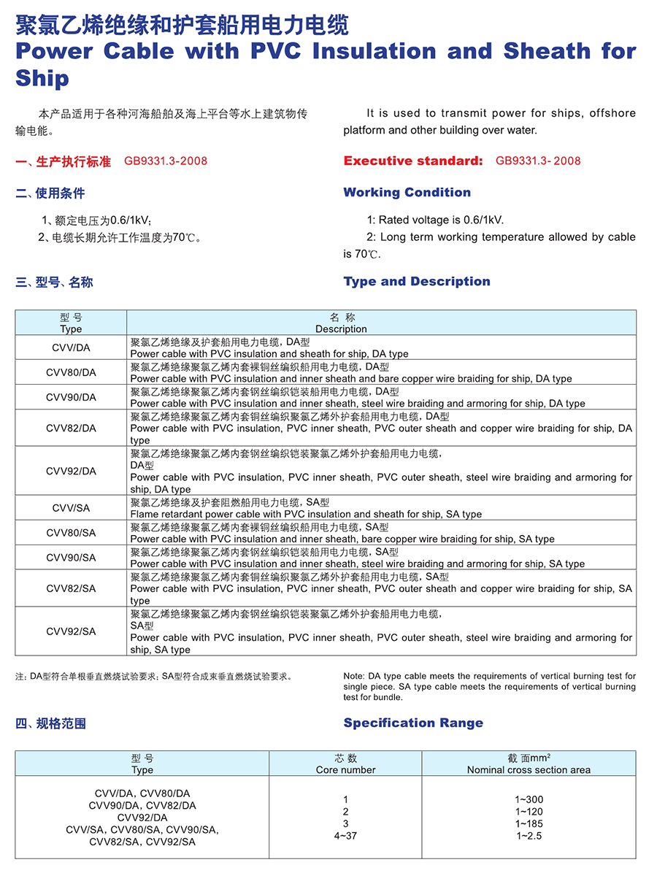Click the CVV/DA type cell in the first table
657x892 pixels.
71,347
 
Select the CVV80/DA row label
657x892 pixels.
71,372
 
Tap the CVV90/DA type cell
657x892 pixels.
71,397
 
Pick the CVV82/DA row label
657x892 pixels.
71,428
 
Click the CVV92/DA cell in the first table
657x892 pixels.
71,471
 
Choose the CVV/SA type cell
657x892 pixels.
71,507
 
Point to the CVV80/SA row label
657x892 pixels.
71,533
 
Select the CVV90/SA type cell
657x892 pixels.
71,558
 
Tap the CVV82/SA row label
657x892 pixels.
71,588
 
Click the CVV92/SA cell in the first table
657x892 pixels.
71,631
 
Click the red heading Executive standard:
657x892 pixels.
413,161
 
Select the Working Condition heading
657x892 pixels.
407,193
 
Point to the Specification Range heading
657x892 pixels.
413,723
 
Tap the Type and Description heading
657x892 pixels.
417,282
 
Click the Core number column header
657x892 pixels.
345,769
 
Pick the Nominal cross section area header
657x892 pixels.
529,769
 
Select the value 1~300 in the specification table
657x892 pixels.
529,800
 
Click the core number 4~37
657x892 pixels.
345,836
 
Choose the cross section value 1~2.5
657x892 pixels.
529,836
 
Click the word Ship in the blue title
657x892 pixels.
42,79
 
